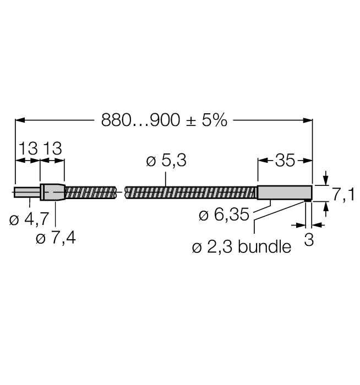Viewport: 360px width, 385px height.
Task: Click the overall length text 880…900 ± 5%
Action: [x=163, y=120]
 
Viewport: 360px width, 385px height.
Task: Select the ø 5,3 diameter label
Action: [x=166, y=161]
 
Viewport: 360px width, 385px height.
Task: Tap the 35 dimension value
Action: [x=285, y=161]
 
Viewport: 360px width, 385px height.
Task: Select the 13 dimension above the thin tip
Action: [x=28, y=149]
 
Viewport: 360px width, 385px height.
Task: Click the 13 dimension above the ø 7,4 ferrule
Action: [x=52, y=149]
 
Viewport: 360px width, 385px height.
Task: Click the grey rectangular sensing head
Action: [x=285, y=193]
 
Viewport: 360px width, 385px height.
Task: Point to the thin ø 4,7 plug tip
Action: [x=27, y=193]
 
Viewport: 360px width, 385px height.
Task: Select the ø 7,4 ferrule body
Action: [x=52, y=193]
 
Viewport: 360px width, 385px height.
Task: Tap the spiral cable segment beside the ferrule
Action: [x=91, y=193]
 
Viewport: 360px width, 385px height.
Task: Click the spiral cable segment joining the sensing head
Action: [x=193, y=193]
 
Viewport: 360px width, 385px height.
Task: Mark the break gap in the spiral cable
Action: [x=121, y=193]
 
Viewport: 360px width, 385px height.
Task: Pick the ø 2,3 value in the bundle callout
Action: [x=212, y=248]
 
